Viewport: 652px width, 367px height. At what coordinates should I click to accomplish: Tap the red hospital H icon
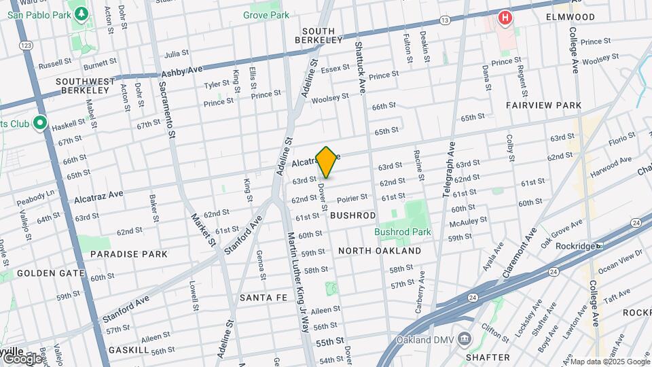click(505, 18)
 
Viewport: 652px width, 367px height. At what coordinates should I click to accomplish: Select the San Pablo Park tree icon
click(81, 14)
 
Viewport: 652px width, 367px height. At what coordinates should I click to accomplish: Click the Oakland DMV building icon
click(465, 338)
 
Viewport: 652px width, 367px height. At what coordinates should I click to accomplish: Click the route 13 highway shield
click(445, 21)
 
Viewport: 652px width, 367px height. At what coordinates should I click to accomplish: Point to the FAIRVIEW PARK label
click(543, 105)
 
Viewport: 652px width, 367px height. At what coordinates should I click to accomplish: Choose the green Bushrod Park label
click(403, 232)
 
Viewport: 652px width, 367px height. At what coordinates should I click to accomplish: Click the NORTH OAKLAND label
click(380, 251)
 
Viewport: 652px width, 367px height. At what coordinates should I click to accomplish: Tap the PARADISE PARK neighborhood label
click(128, 254)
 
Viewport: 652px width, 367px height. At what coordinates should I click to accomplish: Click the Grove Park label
click(266, 15)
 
